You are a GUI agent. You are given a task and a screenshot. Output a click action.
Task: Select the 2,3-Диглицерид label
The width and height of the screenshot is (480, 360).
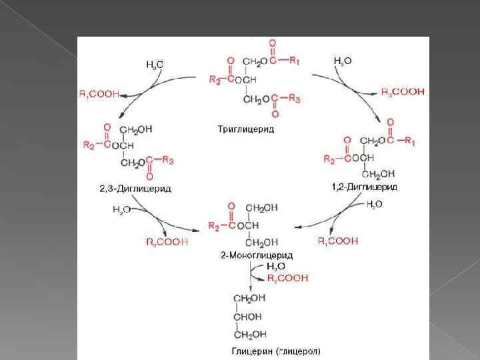135,189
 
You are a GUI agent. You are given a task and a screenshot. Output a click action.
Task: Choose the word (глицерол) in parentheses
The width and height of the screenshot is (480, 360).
296,349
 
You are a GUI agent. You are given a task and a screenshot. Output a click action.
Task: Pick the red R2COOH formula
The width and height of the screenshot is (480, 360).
287,277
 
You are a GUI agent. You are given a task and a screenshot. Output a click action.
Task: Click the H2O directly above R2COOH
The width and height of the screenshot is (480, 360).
275,266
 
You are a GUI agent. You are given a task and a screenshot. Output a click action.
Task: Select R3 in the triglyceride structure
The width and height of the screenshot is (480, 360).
295,99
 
